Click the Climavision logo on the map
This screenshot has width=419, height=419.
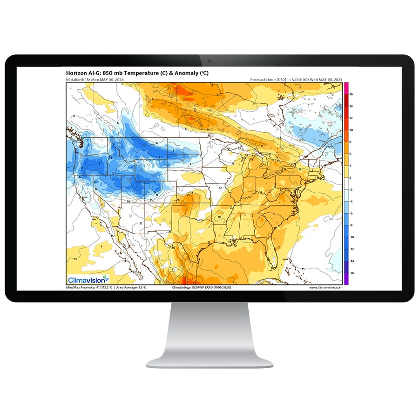click(x=88, y=279)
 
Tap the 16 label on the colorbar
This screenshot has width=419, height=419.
click(x=351, y=94)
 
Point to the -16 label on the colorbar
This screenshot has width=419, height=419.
click(x=351, y=273)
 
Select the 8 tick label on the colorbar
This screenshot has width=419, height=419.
click(x=351, y=142)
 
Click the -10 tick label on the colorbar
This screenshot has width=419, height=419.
click(x=351, y=237)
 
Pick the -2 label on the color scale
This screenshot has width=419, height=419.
click(x=351, y=189)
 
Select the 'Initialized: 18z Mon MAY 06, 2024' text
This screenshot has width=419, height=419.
click(x=95, y=80)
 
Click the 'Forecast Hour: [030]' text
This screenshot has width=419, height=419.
click(x=268, y=80)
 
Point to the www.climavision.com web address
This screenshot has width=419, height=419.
click(x=325, y=288)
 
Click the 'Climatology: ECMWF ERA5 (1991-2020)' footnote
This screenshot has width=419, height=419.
click(x=202, y=288)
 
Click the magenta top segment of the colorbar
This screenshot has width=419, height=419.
click(x=346, y=86)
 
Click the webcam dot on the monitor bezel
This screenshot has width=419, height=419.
click(x=209, y=61)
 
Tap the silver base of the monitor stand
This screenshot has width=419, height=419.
click(x=209, y=361)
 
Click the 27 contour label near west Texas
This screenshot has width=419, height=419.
click(x=170, y=231)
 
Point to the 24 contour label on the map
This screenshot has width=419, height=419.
click(x=178, y=200)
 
